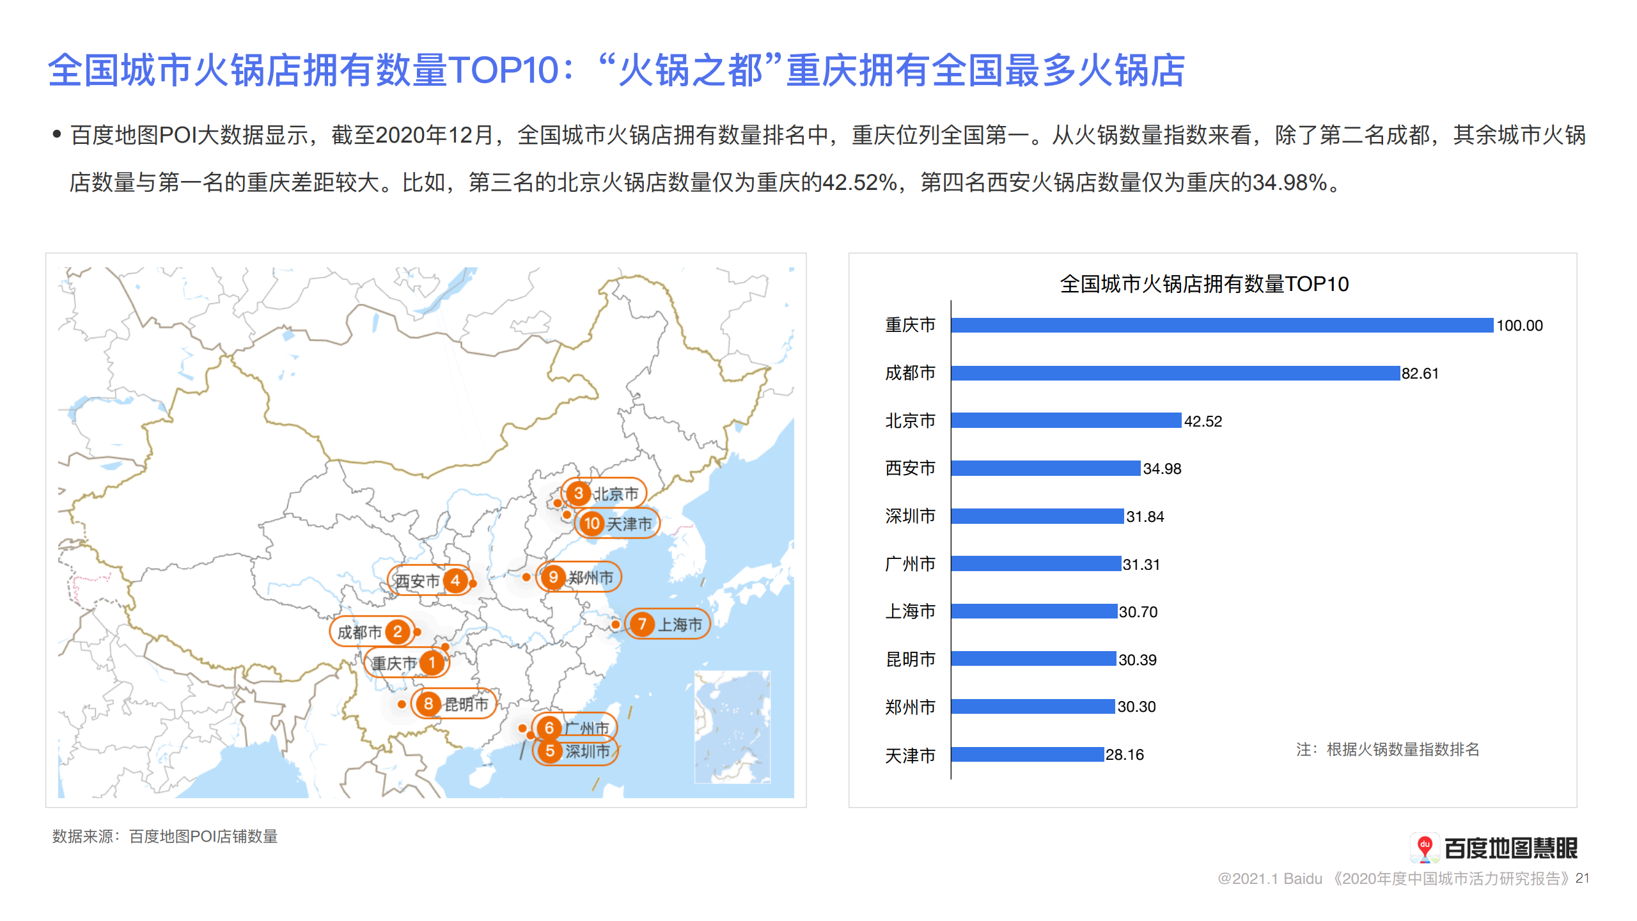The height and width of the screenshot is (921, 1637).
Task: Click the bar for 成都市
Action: click(x=1175, y=373)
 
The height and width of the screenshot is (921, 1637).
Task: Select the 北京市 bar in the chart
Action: click(x=1066, y=420)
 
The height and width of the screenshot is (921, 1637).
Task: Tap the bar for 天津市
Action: click(x=1028, y=754)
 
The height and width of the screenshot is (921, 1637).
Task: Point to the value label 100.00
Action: click(x=1519, y=326)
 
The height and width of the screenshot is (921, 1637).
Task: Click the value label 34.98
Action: click(x=1162, y=469)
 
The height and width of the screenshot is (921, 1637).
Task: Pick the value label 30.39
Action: click(x=1137, y=659)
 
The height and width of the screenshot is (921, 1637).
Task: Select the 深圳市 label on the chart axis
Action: click(x=910, y=516)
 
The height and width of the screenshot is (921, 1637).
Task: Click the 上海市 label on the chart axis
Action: click(x=910, y=611)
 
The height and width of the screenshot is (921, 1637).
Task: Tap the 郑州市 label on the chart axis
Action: click(x=910, y=707)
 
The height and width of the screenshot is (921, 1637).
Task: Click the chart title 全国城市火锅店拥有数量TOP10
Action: click(x=1204, y=284)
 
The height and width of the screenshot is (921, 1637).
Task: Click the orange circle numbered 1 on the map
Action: click(x=432, y=663)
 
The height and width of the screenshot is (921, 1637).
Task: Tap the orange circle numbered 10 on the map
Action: click(x=591, y=524)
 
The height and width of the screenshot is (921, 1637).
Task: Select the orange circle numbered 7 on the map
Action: click(x=642, y=624)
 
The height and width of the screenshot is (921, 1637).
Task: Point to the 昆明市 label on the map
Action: click(x=466, y=705)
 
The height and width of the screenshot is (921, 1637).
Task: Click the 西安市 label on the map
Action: click(x=417, y=581)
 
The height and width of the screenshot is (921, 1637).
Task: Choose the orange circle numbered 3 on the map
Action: click(x=578, y=493)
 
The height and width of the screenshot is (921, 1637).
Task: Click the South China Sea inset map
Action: click(x=733, y=727)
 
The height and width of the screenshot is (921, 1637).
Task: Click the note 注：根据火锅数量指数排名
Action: click(x=1388, y=750)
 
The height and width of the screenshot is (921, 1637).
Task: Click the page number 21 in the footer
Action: click(x=1582, y=878)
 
